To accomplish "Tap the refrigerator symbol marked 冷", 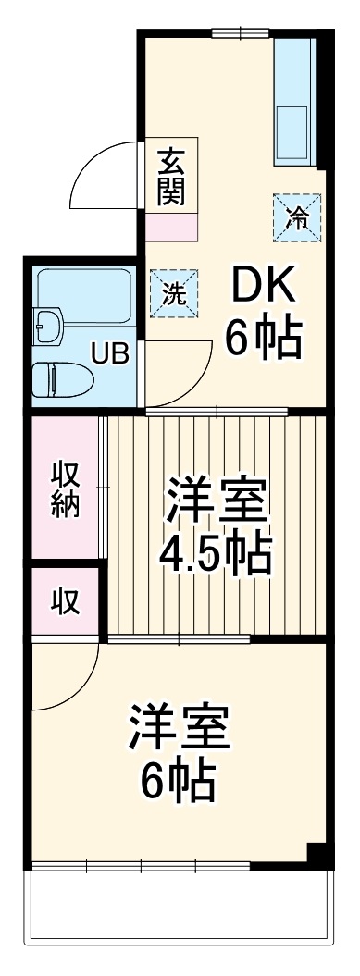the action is tap(297, 217).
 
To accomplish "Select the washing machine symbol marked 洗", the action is tap(174, 293).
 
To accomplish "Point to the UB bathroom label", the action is tap(110, 354).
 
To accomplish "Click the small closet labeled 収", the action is tap(64, 600).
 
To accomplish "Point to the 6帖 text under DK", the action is tap(263, 337).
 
